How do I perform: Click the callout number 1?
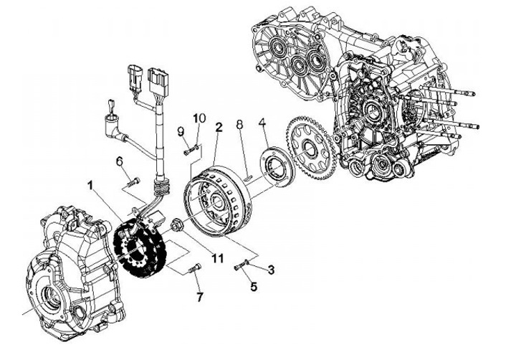91,185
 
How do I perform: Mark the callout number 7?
199,296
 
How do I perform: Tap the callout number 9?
182,131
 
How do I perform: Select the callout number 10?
199,116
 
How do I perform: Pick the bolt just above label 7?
193,270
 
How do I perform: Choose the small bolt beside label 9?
189,151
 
